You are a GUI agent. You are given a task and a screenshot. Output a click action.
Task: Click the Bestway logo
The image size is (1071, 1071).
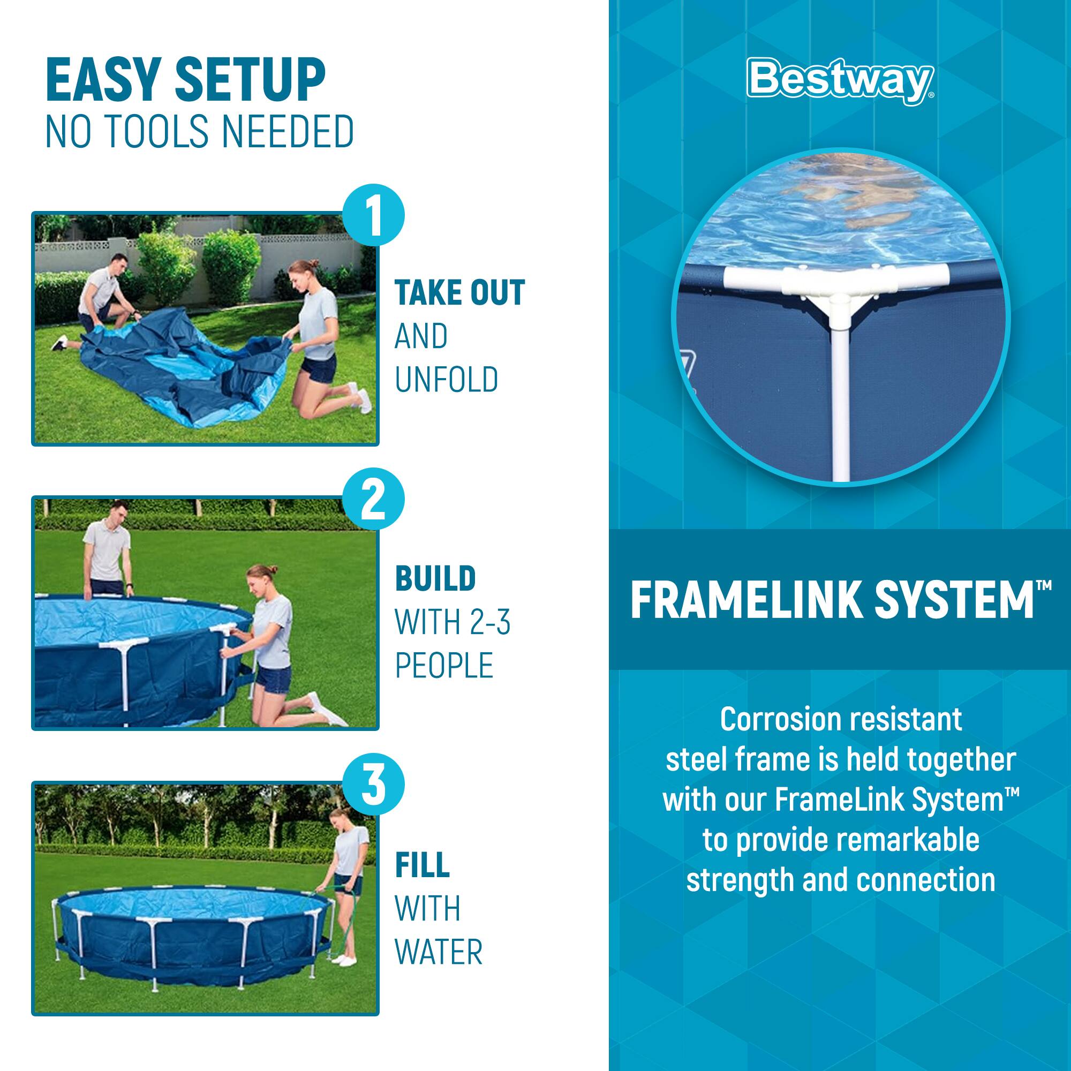point(840,81)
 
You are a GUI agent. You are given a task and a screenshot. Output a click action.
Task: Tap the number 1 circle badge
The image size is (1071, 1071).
point(373,215)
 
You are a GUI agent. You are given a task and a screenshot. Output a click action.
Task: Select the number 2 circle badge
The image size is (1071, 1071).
point(373,500)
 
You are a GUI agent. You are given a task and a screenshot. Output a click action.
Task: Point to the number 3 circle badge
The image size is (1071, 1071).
point(373,785)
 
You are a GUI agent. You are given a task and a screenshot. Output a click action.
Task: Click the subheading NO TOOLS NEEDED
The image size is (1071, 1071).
point(200,132)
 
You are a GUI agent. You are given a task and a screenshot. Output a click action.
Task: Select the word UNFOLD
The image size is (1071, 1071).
point(446,380)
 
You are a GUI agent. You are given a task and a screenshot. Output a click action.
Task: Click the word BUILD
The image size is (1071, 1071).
point(435,579)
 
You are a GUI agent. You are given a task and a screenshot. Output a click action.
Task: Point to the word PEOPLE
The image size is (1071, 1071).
point(444,666)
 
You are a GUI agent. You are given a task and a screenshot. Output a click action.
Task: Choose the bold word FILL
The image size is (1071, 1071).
point(422,864)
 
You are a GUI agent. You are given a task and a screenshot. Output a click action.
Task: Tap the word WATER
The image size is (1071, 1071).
point(439,952)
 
